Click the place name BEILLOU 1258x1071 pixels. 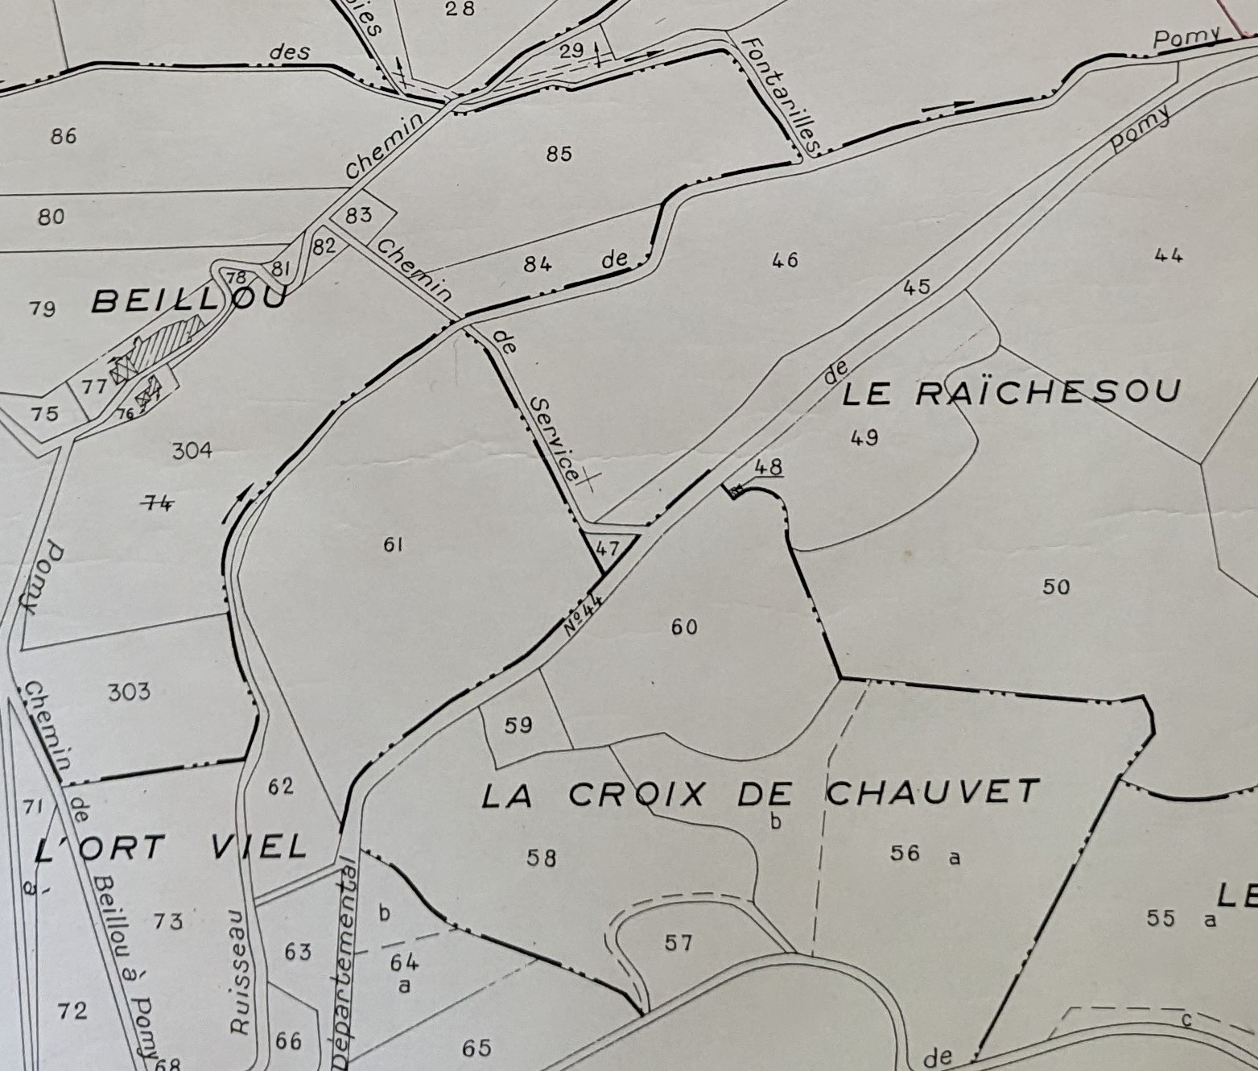tap(189, 301)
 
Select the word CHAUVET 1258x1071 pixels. tap(933, 792)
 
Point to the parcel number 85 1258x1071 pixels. tap(559, 153)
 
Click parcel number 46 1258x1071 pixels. tap(785, 259)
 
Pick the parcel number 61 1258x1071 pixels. tap(393, 545)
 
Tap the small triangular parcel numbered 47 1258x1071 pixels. tap(608, 548)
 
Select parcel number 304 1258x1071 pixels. tap(192, 450)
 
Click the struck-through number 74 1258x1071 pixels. tap(157, 503)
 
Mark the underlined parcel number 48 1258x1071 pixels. tap(769, 467)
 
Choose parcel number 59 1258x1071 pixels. tap(518, 725)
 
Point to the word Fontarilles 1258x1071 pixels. tap(780, 95)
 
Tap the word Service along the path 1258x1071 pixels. tap(555, 439)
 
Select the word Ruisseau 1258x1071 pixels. tap(239, 971)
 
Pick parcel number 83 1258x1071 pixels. tap(359, 214)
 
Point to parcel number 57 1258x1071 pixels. tap(678, 941)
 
